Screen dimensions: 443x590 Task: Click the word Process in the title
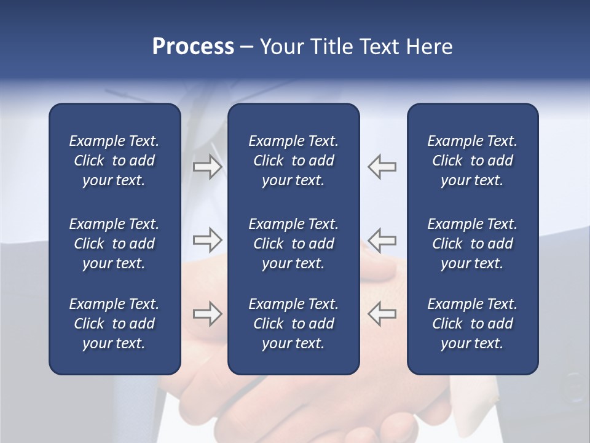point(193,47)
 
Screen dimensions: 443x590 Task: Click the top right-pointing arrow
point(207,167)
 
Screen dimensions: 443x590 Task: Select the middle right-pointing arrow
point(207,240)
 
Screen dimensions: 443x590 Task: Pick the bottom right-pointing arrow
point(207,314)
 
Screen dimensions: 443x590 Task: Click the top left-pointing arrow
point(382,167)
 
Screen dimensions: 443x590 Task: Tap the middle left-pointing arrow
point(382,240)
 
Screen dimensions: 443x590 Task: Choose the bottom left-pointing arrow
point(382,314)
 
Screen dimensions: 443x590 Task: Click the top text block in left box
point(114,161)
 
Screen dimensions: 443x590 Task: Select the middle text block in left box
point(114,244)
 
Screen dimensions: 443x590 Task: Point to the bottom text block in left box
point(114,324)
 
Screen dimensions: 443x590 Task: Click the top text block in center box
point(293,161)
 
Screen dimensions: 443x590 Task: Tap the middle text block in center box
point(293,244)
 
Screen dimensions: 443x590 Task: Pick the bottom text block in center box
point(293,324)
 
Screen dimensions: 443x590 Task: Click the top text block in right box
point(472,161)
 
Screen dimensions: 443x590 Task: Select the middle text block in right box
point(472,244)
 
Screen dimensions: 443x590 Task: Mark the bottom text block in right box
point(472,324)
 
